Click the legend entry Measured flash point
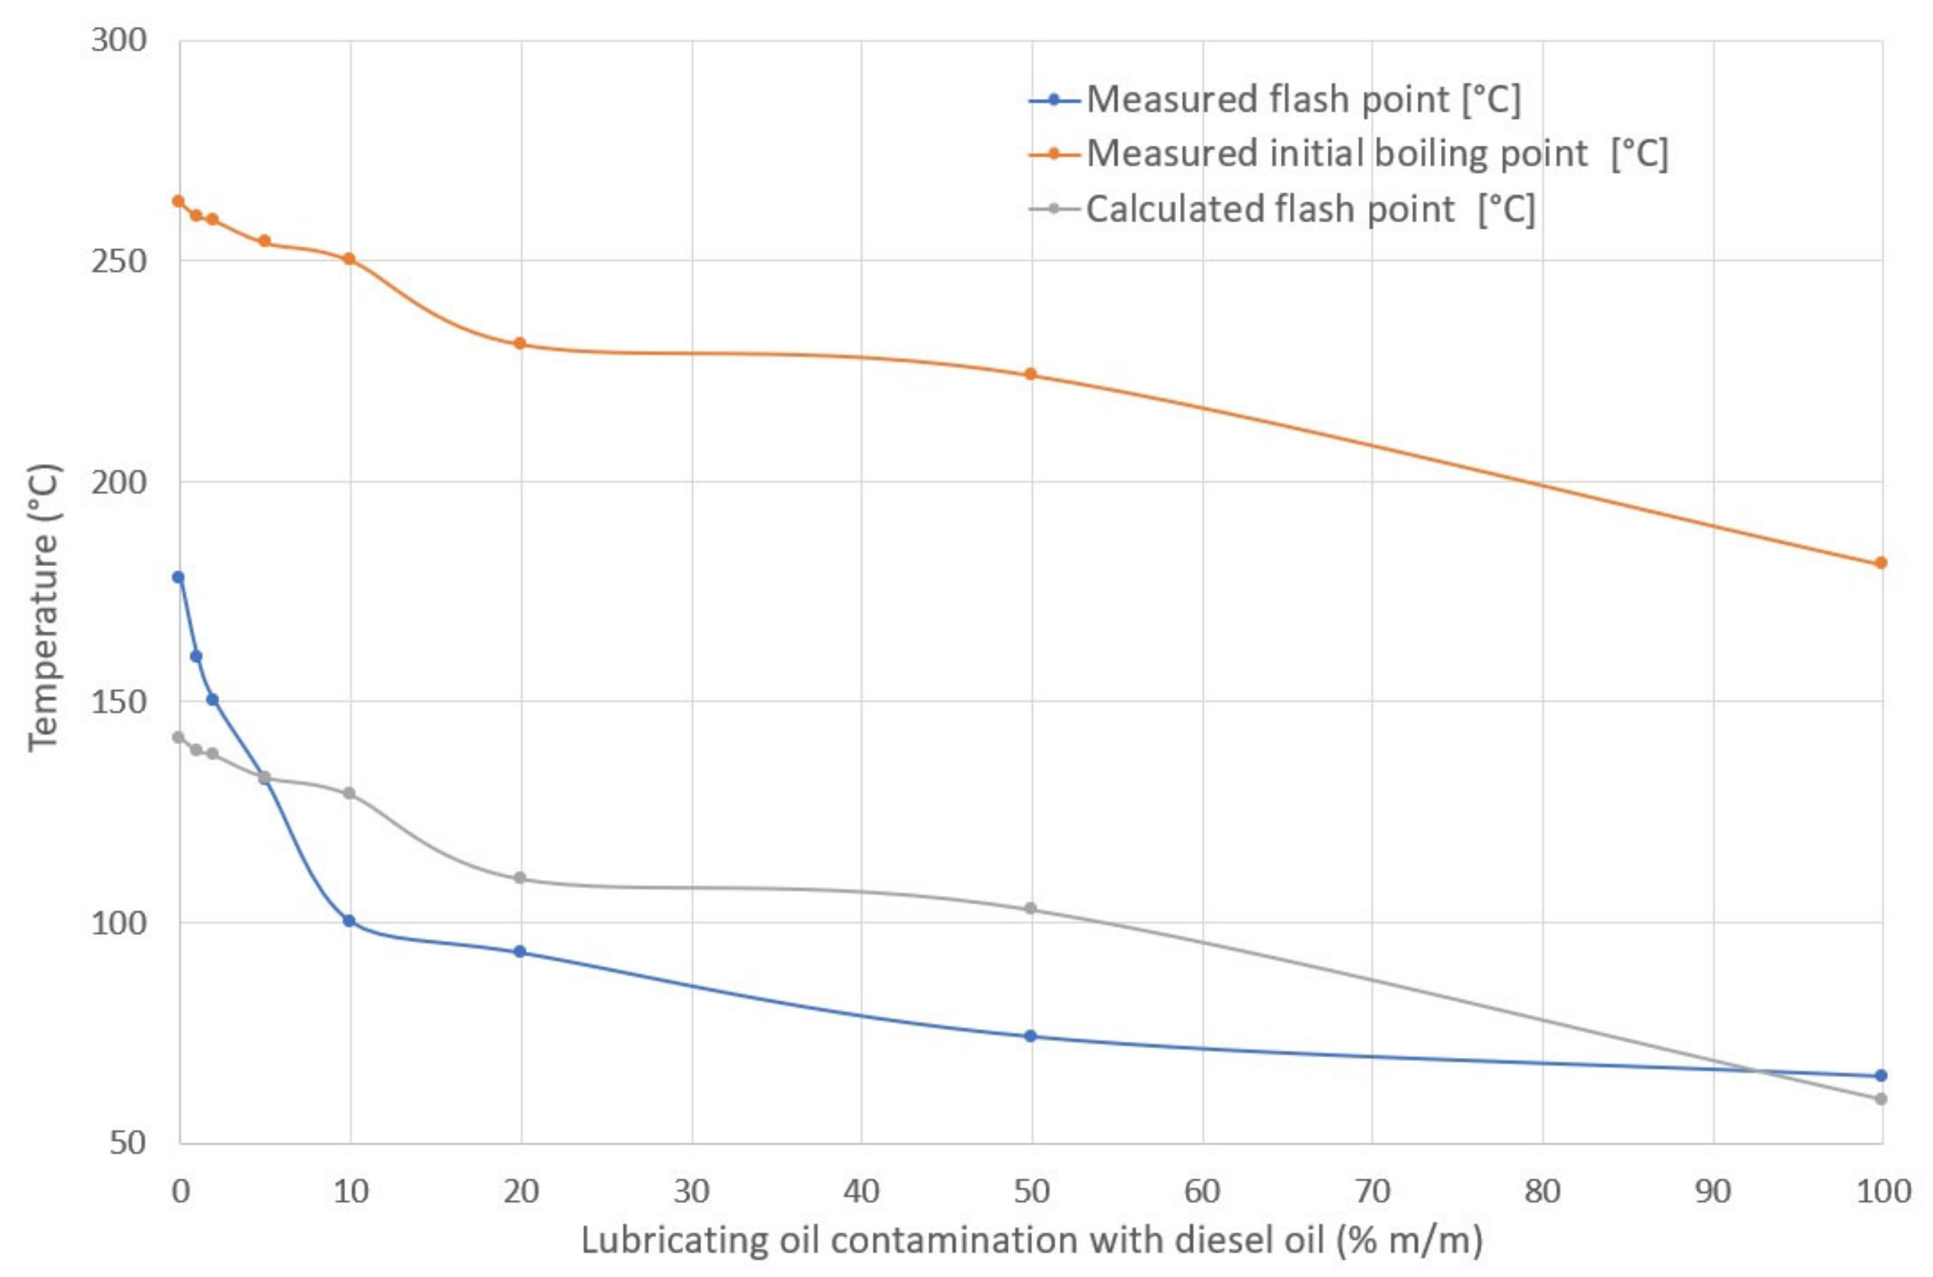(1303, 99)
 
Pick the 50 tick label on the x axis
(1032, 1192)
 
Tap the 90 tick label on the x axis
(1712, 1192)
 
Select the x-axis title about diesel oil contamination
(1032, 1241)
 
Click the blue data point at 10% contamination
(349, 921)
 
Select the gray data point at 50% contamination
(1030, 908)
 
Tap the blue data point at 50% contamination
(1030, 1036)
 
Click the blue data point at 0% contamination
(178, 578)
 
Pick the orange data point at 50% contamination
(1030, 374)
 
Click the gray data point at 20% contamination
(520, 878)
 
